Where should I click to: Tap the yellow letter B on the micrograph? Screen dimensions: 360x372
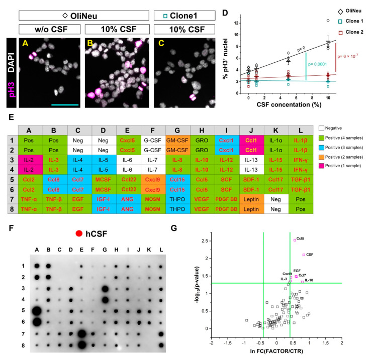point(91,44)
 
